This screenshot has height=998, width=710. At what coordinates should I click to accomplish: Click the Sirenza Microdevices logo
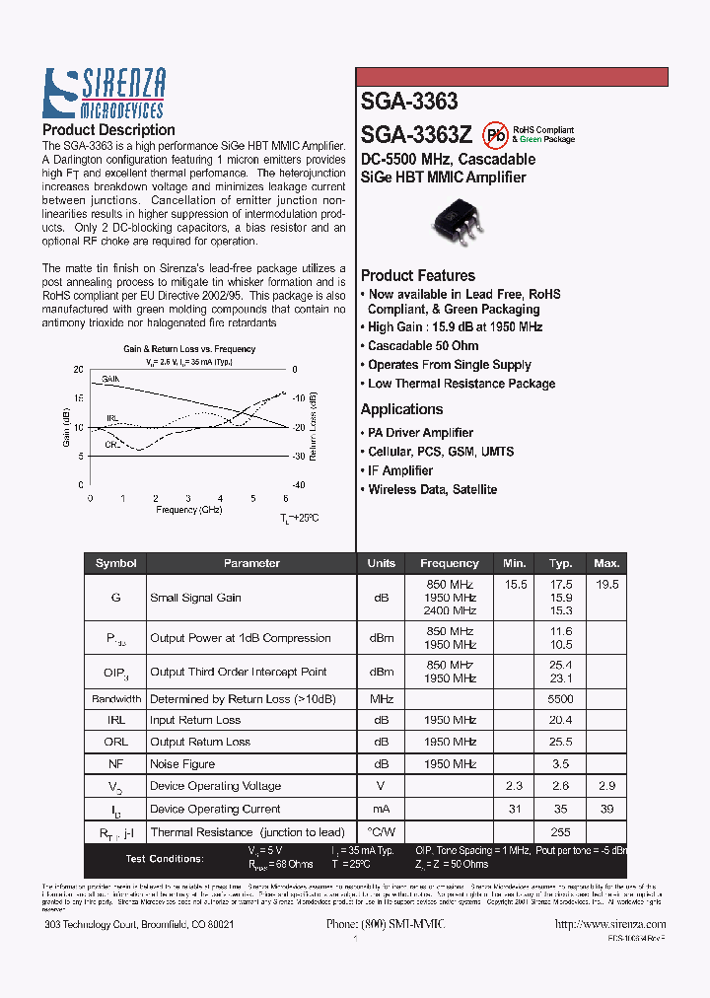pyautogui.click(x=104, y=94)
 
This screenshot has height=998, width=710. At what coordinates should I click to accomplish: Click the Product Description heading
pyautogui.click(x=108, y=130)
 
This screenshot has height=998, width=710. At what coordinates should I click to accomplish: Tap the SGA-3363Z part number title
pyautogui.click(x=416, y=134)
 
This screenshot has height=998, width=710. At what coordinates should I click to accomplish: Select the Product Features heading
pyautogui.click(x=417, y=276)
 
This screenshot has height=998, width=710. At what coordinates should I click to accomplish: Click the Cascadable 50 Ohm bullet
pyautogui.click(x=423, y=346)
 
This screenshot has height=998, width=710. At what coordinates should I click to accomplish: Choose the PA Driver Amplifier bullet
pyautogui.click(x=420, y=433)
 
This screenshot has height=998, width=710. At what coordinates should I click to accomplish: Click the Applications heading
pyautogui.click(x=401, y=409)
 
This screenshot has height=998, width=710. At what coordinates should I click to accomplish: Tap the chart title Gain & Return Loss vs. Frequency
pyautogui.click(x=188, y=349)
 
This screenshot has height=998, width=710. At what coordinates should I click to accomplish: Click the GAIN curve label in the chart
pyautogui.click(x=110, y=379)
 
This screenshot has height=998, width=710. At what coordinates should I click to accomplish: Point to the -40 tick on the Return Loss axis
pyautogui.click(x=299, y=485)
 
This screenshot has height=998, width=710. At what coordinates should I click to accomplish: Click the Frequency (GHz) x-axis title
pyautogui.click(x=188, y=510)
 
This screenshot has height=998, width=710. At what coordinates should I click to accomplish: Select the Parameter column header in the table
pyautogui.click(x=251, y=563)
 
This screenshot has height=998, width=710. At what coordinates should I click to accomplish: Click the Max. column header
pyautogui.click(x=605, y=563)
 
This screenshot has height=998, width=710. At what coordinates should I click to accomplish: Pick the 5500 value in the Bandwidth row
pyautogui.click(x=561, y=699)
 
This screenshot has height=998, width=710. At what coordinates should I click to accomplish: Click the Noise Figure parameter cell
pyautogui.click(x=182, y=764)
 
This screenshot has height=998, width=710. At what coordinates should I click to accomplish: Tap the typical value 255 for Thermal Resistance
pyautogui.click(x=561, y=832)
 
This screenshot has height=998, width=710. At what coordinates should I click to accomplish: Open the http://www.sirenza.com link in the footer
pyautogui.click(x=610, y=924)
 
